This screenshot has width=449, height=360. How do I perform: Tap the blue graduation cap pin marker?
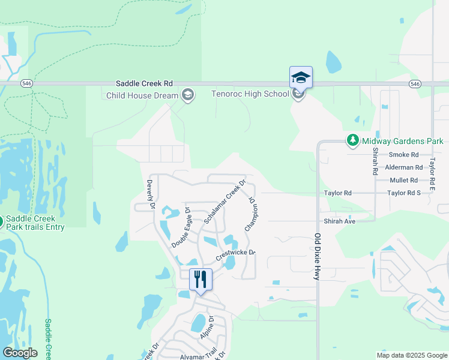[x=301, y=77]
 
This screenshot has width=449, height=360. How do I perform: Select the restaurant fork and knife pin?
[x=200, y=279]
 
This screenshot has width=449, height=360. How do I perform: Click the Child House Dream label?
[x=142, y=95]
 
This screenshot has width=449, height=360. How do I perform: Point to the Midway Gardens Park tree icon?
[x=353, y=141]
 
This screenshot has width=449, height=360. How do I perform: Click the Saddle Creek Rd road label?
[x=145, y=83]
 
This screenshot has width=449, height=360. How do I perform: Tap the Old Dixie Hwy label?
[x=318, y=256]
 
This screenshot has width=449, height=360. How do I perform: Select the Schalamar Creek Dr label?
[x=225, y=200]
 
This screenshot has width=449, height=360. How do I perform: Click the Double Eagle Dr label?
[x=181, y=227]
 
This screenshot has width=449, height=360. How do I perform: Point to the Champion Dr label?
[x=252, y=215]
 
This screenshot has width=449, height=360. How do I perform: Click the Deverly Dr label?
[x=151, y=194]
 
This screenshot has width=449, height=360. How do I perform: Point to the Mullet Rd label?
[x=403, y=180]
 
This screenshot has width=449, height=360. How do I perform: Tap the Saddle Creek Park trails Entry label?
[x=35, y=222]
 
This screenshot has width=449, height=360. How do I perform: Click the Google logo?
[x=20, y=352]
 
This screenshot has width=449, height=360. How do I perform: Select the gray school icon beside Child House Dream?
[x=188, y=95]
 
